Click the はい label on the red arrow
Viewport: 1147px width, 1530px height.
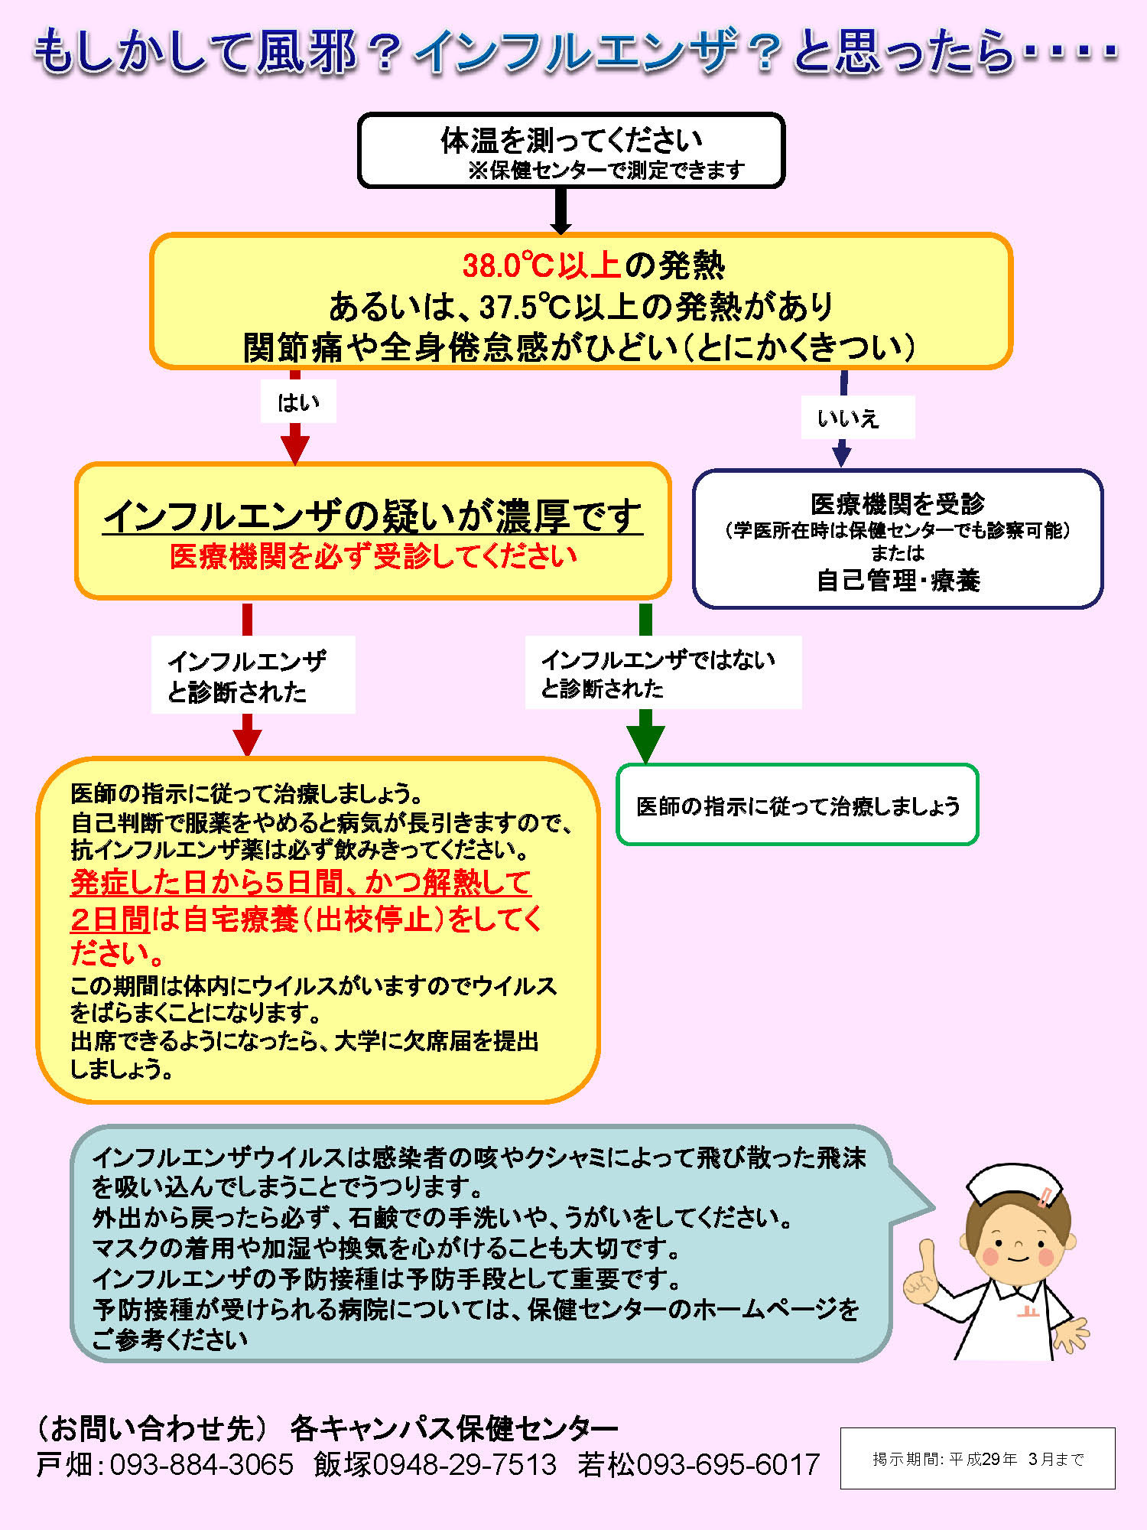point(298,402)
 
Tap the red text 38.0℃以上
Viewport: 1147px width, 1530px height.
point(541,265)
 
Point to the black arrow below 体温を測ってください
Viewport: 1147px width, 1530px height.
point(561,211)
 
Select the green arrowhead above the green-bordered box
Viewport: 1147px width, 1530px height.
point(645,742)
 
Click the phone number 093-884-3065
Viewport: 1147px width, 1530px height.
point(202,1464)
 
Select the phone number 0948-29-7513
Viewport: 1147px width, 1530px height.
point(465,1464)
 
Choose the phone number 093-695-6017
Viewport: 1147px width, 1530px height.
point(728,1464)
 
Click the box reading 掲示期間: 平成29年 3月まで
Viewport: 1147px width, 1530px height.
point(978,1458)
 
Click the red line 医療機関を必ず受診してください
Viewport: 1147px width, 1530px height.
point(373,556)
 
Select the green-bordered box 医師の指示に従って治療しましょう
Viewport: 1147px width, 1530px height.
point(798,805)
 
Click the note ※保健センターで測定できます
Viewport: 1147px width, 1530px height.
point(606,170)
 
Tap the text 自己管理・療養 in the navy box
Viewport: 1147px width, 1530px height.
point(898,581)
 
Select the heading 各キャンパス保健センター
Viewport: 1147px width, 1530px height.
point(454,1427)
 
